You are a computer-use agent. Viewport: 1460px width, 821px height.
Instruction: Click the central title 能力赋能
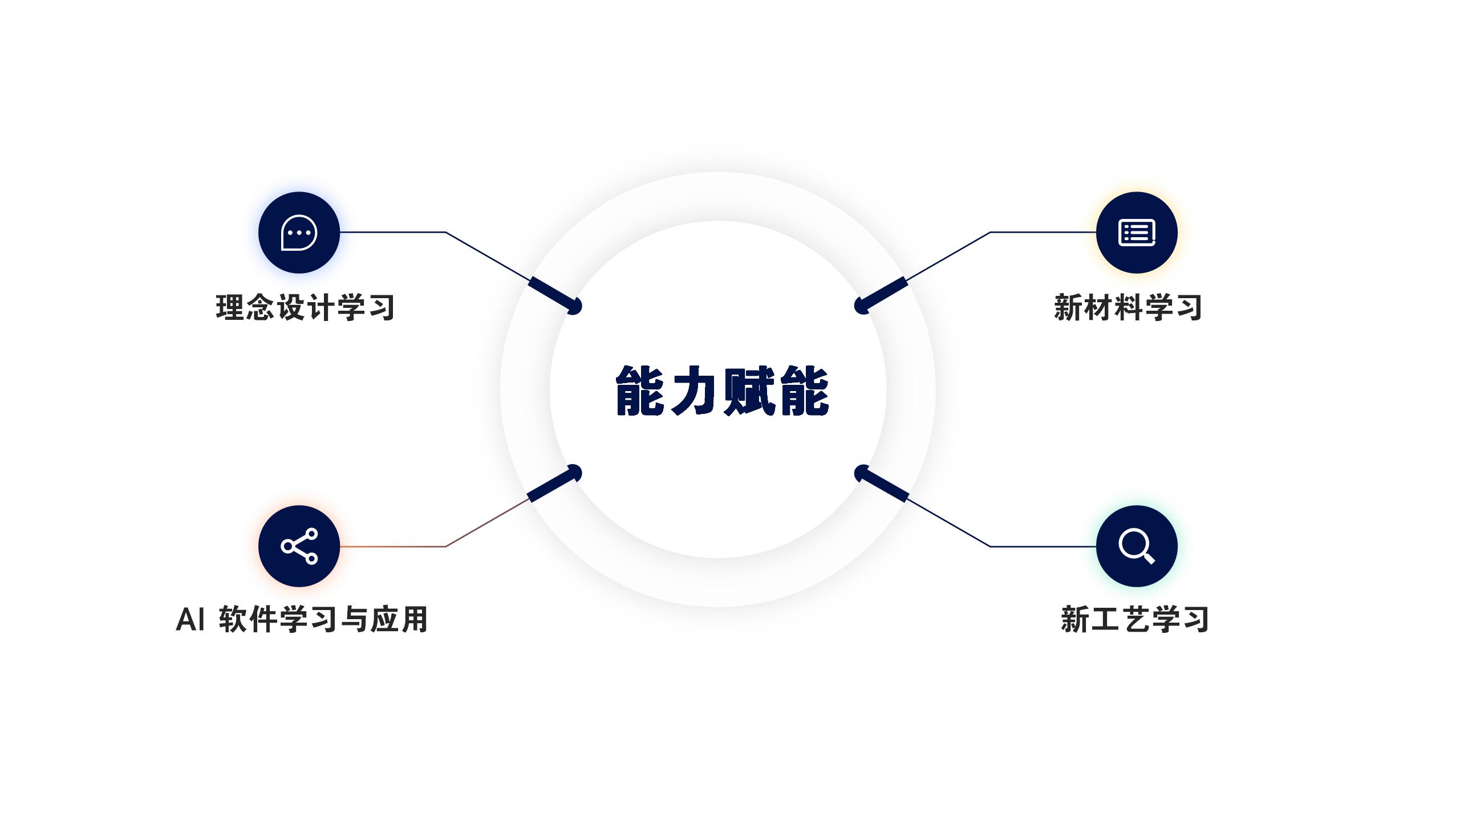[x=722, y=391]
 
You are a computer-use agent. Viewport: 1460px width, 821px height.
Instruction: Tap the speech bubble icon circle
[x=299, y=233]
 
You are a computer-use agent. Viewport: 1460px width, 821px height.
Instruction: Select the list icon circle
[x=1137, y=233]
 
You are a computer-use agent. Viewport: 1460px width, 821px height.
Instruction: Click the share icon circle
[x=299, y=546]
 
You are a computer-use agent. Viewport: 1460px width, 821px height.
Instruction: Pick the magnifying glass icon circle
[x=1137, y=546]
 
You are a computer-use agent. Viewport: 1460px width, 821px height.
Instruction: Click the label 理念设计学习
[x=305, y=308]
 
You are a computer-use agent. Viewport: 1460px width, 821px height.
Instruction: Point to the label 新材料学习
[x=1128, y=308]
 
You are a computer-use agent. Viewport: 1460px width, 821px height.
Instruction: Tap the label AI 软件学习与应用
[x=302, y=619]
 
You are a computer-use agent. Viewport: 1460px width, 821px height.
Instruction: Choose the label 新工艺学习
[x=1135, y=619]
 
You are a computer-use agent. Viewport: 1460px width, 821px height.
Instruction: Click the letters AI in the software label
[x=190, y=620]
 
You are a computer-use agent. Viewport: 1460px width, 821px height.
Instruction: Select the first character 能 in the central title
[x=640, y=391]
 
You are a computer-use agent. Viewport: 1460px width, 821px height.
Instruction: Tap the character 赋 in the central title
[x=749, y=391]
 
